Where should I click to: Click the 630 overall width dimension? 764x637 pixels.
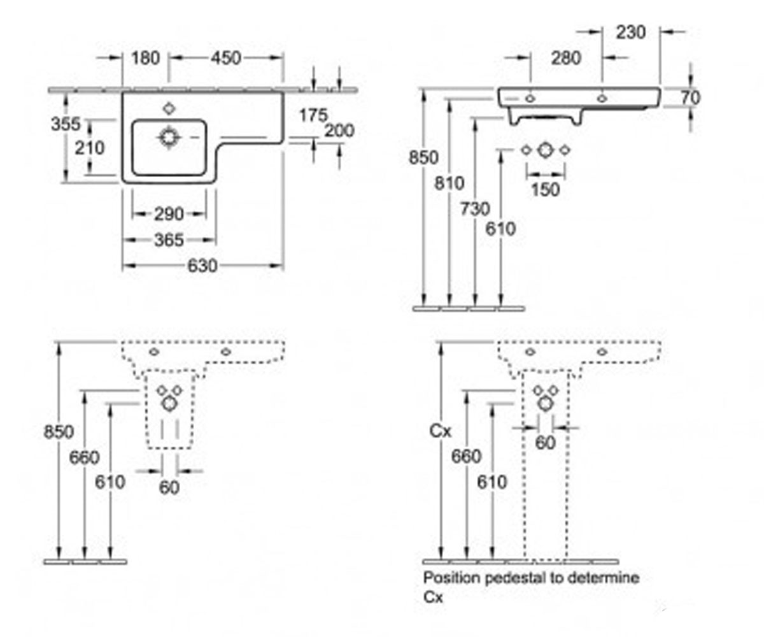202,266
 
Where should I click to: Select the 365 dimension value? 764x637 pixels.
169,240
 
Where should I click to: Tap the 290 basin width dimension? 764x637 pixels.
169,214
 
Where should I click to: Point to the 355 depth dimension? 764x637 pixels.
66,124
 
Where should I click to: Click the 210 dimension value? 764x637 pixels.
90,148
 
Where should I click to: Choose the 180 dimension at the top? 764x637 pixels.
145,58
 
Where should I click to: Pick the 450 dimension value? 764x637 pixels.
226,58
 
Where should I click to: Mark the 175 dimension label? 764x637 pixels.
313,115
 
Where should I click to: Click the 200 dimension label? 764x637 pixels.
339,131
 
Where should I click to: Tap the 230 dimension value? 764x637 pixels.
631,32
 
